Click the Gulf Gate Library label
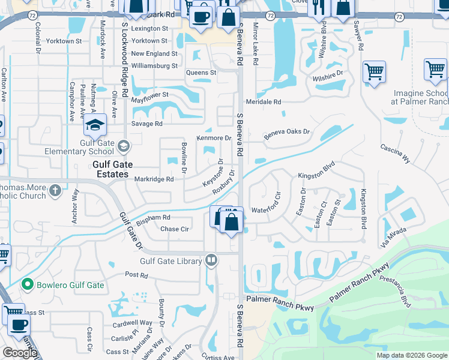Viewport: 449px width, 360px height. click(172, 261)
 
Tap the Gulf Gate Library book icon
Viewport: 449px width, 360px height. click(211, 260)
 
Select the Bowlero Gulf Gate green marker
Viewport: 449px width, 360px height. click(26, 284)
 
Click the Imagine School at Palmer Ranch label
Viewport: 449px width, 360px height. click(421, 97)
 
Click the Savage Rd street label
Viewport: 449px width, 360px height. click(147, 124)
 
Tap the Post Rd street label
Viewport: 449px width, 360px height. click(136, 274)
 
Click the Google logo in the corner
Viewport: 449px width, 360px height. click(20, 353)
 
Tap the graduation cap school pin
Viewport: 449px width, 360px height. click(95, 125)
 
